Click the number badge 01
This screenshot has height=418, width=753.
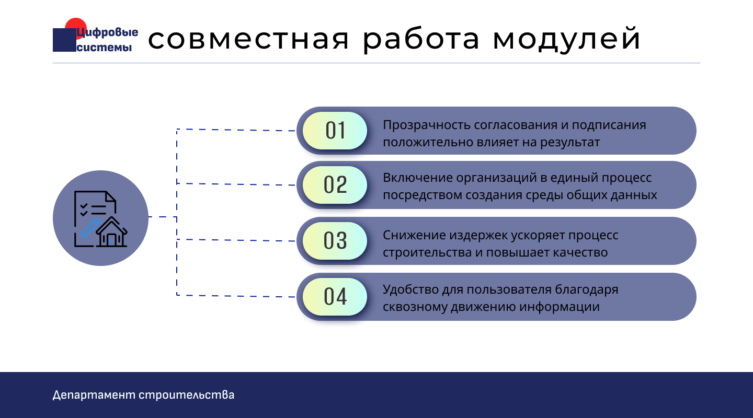coord(335,131)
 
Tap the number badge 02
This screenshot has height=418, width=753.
coord(335,185)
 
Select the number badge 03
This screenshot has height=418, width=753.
coord(335,241)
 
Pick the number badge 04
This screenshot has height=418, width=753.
coord(335,297)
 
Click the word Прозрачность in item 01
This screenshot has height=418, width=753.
coord(427,125)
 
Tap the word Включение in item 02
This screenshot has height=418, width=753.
coord(417,178)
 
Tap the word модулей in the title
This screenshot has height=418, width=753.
coord(567,39)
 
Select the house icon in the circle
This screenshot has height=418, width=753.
coord(111,233)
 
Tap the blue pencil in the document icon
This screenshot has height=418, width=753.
coord(90,228)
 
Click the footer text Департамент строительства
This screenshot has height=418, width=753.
coord(143,395)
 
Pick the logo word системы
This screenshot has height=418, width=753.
coord(104,47)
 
